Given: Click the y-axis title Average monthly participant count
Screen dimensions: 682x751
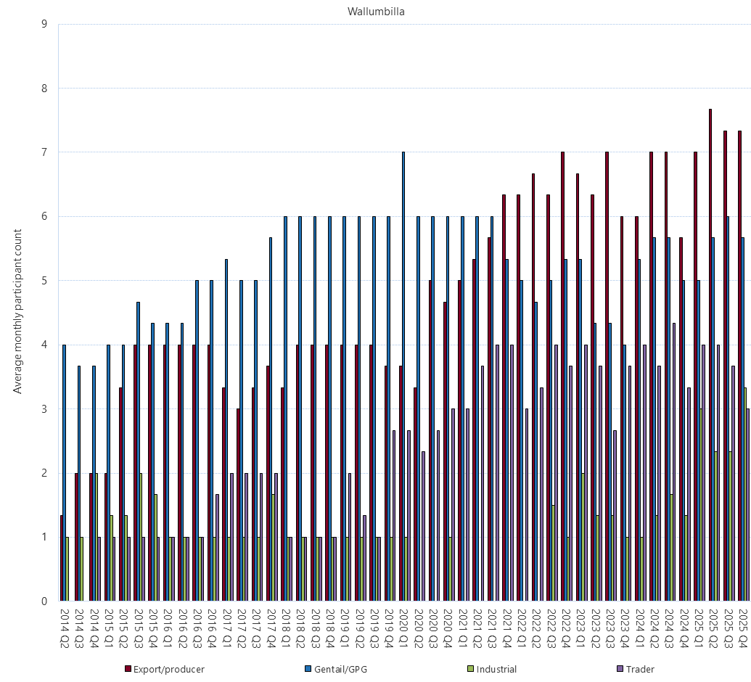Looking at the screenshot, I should click(x=18, y=311).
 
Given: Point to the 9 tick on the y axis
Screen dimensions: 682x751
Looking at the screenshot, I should click(x=44, y=24).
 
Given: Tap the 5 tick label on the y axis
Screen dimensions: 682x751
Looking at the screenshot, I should click(x=44, y=281).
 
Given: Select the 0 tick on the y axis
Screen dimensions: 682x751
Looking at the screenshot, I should click(x=44, y=601).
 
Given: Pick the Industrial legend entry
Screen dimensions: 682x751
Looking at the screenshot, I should click(x=496, y=669).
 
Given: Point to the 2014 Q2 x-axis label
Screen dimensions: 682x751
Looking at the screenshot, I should click(x=65, y=628).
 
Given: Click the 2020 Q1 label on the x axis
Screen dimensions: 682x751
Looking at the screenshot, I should click(x=404, y=628).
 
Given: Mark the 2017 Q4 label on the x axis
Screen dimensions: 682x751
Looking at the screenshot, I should click(x=271, y=628).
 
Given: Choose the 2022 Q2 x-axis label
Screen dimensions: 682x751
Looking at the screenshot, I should click(x=536, y=628).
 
